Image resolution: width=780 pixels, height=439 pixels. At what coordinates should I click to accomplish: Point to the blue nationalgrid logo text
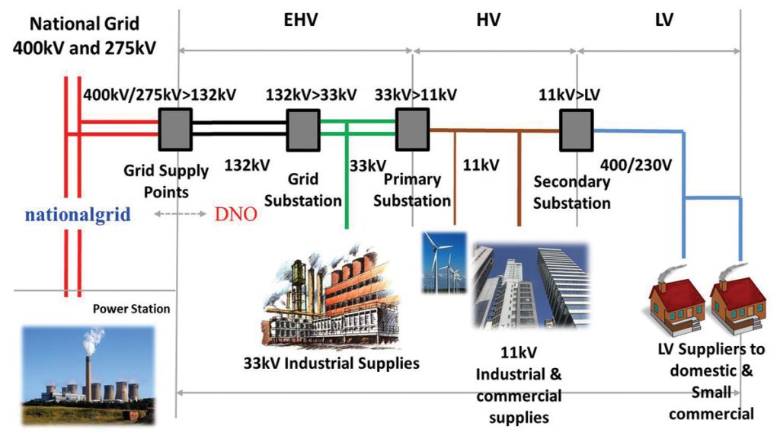(78, 214)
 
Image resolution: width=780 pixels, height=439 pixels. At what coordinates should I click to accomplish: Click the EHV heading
(295, 21)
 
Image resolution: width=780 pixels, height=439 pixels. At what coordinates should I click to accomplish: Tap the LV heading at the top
(664, 21)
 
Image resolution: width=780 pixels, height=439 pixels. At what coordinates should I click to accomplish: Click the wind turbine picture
(444, 262)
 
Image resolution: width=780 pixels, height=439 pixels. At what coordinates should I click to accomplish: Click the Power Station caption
(131, 309)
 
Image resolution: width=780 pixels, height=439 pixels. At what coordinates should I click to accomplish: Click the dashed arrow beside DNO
(181, 214)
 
